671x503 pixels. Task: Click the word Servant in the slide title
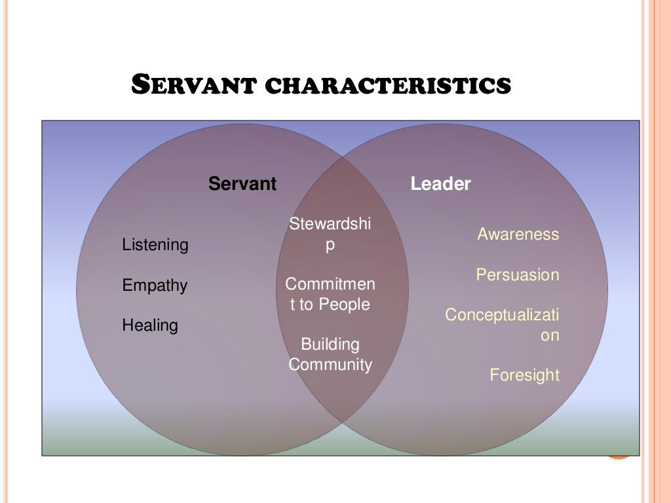pos(193,85)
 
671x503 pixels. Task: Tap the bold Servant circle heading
pos(242,184)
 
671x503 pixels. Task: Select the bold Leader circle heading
pos(440,184)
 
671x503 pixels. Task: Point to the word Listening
pos(155,245)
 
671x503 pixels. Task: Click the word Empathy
pos(155,286)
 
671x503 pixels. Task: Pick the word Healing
pos(150,326)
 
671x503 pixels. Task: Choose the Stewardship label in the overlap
pos(330,224)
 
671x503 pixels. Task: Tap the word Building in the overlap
pos(330,345)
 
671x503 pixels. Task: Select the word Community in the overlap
pos(330,365)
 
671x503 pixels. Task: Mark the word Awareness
pos(518,234)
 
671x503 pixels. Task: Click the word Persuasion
pos(518,275)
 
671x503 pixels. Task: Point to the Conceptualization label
pos(503,315)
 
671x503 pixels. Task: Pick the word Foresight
pos(525,375)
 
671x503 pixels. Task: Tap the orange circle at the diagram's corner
pos(619,453)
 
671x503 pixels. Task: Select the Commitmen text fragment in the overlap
pos(330,284)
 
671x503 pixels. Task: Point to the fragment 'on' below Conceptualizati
pos(550,335)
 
